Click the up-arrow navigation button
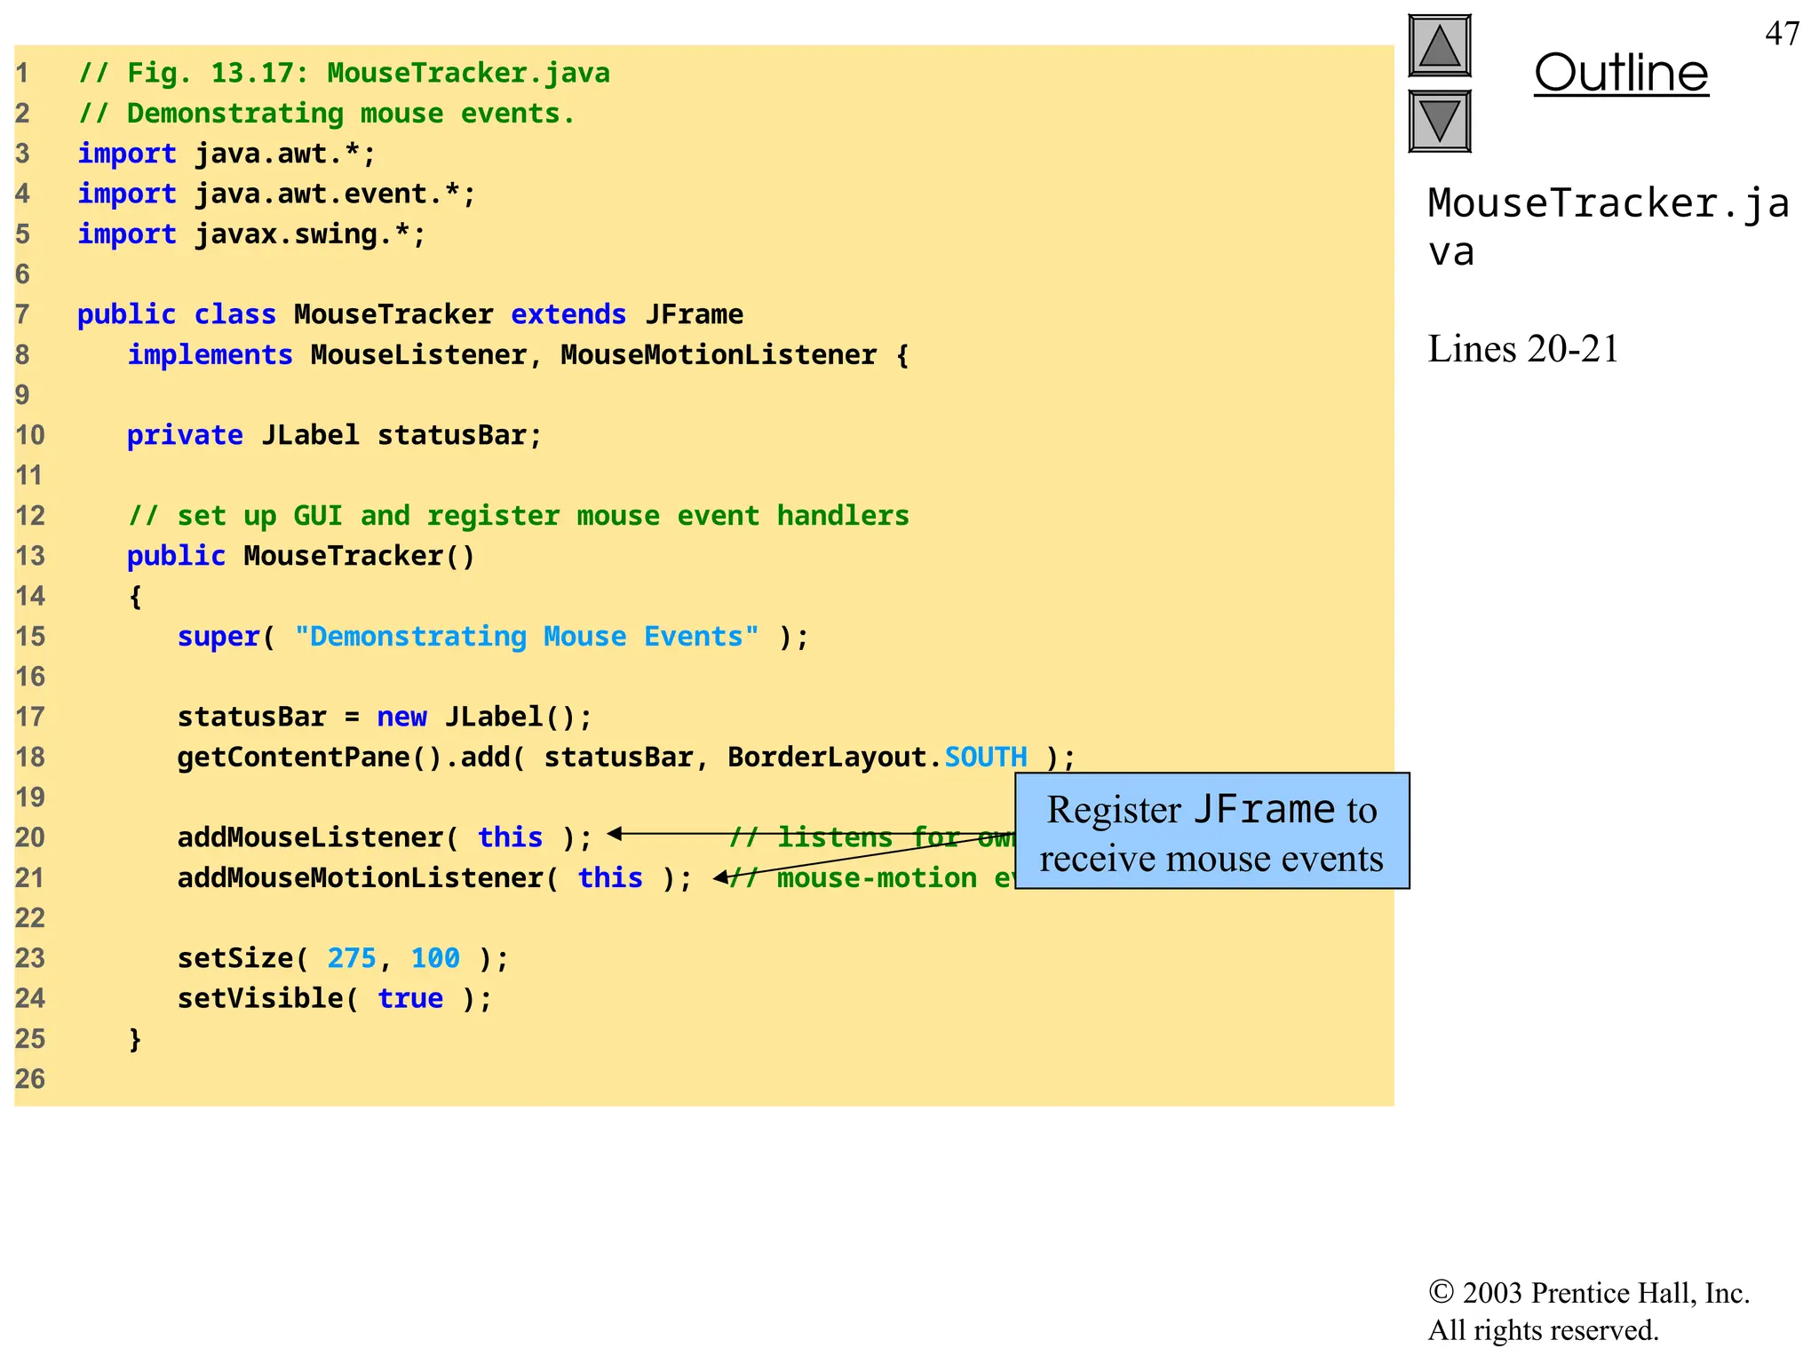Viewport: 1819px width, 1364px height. (1440, 46)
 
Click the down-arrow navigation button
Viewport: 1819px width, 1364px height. (1440, 121)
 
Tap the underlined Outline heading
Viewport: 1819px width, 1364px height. (1621, 73)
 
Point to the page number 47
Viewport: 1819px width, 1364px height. (1782, 34)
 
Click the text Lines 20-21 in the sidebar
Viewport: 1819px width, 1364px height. (1523, 349)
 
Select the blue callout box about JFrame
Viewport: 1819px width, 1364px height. (1211, 831)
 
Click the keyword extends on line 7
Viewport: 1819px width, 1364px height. (568, 314)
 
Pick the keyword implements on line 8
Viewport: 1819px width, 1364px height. (210, 355)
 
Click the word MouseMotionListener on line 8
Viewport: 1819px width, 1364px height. (719, 355)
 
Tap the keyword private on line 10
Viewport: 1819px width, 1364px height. (185, 435)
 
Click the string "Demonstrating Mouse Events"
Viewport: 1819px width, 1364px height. (527, 637)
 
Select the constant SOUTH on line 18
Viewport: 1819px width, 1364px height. (986, 757)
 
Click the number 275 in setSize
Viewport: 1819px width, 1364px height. (352, 958)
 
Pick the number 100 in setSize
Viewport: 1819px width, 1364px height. (435, 958)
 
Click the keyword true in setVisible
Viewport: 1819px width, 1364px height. (410, 998)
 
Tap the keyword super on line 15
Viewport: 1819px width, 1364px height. (218, 637)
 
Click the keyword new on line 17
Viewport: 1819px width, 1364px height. (401, 717)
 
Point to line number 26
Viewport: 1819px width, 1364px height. (30, 1079)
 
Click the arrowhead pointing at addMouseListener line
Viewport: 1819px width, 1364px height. (614, 834)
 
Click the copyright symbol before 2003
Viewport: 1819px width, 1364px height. (1441, 1292)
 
